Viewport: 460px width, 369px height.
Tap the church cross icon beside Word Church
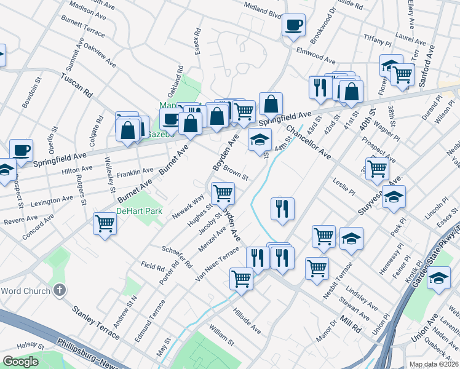(x=60, y=290)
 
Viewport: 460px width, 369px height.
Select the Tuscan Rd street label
(x=76, y=85)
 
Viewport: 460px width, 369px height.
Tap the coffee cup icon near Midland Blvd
(x=293, y=25)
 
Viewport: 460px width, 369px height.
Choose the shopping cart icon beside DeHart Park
(x=105, y=223)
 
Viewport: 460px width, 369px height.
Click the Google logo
(x=20, y=362)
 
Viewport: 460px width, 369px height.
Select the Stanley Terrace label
(x=96, y=323)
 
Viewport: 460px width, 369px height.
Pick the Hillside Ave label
(x=246, y=321)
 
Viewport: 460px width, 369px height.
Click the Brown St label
(x=235, y=172)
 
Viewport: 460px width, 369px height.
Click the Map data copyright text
(x=434, y=364)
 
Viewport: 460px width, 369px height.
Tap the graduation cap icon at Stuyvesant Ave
(x=394, y=197)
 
